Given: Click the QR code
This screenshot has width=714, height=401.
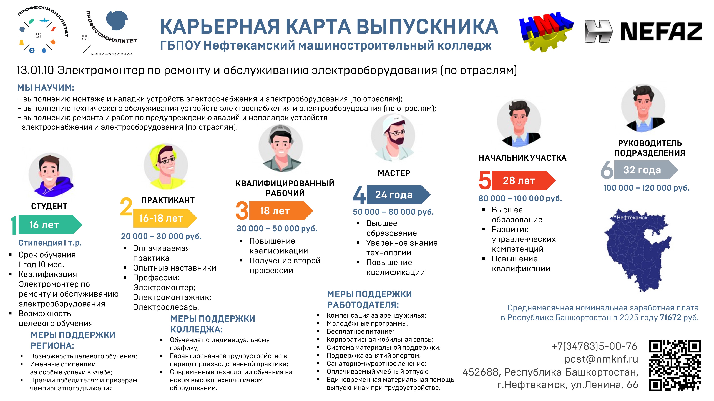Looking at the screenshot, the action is point(675,366).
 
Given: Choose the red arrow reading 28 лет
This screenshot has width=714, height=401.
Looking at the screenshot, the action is point(524,180).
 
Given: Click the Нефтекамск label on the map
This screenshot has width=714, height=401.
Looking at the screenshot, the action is point(632,217).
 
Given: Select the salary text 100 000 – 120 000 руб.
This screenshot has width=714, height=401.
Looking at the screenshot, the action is point(646,188).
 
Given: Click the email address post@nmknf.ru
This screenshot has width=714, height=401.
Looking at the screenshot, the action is point(601,359).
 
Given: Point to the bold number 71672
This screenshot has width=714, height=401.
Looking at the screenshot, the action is point(670,317).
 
